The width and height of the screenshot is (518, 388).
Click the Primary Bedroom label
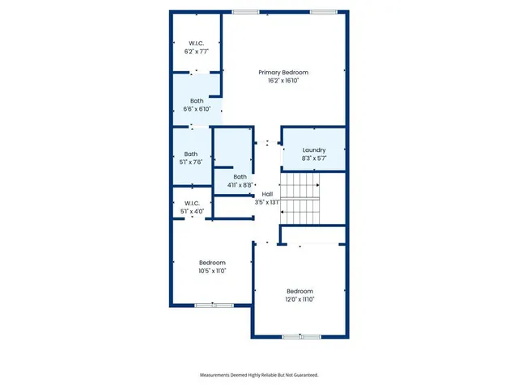tap(283, 73)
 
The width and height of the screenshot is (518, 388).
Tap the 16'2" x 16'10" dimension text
tap(283, 81)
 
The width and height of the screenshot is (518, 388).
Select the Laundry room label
tap(313, 150)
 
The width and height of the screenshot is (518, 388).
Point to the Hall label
tap(267, 195)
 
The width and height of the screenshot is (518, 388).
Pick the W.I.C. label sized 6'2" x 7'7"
tap(196, 43)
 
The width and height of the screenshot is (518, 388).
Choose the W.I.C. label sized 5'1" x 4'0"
tap(192, 204)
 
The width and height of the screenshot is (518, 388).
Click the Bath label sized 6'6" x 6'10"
tap(197, 101)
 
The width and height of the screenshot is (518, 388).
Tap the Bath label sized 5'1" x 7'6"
tap(191, 154)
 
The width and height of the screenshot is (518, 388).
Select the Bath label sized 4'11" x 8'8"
tap(240, 177)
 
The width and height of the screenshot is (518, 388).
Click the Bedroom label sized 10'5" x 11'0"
tap(213, 263)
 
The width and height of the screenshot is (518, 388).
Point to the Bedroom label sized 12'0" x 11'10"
tap(299, 291)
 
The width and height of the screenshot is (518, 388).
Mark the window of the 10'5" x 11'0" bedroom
tap(214, 305)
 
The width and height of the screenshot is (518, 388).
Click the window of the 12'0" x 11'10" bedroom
tap(301, 335)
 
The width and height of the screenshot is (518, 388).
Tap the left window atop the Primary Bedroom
tap(240, 11)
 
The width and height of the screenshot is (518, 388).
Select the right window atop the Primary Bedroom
tap(322, 11)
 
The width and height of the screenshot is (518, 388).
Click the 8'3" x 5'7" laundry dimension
tap(313, 158)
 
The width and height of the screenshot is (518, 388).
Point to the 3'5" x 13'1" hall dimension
tap(267, 203)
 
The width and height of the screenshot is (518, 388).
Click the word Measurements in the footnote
tap(218, 375)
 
